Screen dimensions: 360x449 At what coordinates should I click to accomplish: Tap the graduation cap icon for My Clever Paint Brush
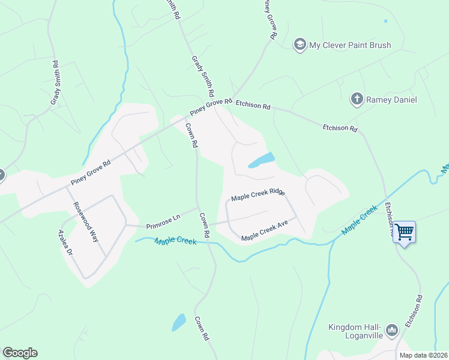pos(299,44)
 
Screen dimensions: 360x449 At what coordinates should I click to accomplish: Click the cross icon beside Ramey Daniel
pos(357,99)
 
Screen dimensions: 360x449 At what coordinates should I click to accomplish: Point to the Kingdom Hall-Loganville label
pos(355,332)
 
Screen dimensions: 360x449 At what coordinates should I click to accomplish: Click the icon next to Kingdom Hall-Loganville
pos(391,329)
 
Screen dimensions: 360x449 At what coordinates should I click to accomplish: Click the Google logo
pos(20,353)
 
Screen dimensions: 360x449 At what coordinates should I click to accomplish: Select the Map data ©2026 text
pos(423,355)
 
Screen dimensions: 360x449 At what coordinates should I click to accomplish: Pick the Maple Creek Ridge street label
pos(258,195)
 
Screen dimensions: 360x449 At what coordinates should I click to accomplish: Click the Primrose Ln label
pos(163,223)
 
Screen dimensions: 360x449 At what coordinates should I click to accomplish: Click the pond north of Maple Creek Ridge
pos(261,160)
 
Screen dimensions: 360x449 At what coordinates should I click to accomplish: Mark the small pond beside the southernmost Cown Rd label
pos(179,322)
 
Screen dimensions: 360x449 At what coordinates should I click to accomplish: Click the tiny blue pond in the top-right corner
pos(385,21)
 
